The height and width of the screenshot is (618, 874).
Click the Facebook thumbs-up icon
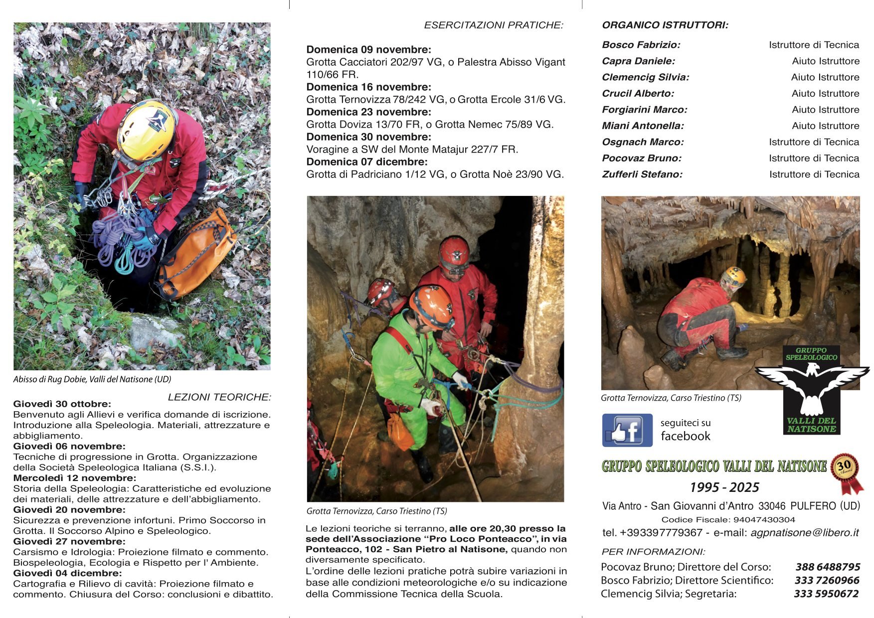pyautogui.click(x=627, y=430)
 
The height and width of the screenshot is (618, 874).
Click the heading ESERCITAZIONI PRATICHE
pyautogui.click(x=493, y=25)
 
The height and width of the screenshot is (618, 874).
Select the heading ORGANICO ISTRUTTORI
pyautogui.click(x=665, y=25)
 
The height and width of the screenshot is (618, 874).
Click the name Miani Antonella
pyautogui.click(x=643, y=126)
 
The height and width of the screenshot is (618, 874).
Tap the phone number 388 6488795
pyautogui.click(x=828, y=567)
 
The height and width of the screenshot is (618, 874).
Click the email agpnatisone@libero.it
pyautogui.click(x=804, y=533)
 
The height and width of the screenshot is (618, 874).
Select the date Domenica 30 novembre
pyautogui.click(x=368, y=137)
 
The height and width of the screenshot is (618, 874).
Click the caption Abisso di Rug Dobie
pyautogui.click(x=92, y=379)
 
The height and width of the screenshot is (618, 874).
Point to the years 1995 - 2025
pyautogui.click(x=724, y=487)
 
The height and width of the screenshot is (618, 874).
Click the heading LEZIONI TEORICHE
pyautogui.click(x=219, y=397)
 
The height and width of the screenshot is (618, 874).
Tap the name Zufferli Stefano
pyautogui.click(x=642, y=174)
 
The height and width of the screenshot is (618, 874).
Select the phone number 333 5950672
pyautogui.click(x=826, y=594)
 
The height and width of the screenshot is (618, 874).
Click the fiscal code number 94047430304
pyautogui.click(x=764, y=520)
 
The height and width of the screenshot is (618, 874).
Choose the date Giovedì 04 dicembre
pyautogui.click(x=67, y=573)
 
